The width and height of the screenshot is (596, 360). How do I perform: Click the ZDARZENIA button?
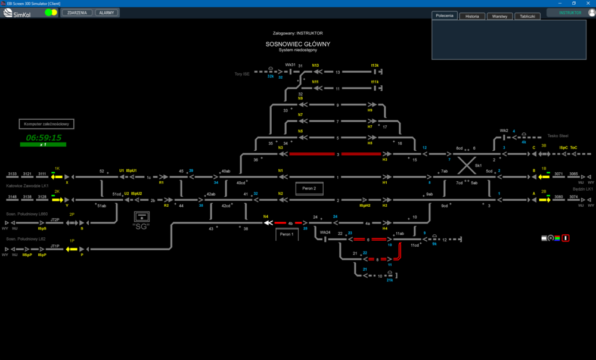77,13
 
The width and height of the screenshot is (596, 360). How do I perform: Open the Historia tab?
472,17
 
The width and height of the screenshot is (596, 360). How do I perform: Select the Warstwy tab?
499,17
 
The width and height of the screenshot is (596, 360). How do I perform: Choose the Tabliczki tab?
527,17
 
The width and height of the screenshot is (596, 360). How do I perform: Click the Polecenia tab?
445,16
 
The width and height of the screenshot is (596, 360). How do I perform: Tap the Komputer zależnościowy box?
47,125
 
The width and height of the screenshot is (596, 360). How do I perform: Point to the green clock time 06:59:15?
44,138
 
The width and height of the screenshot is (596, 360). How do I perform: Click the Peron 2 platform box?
309,188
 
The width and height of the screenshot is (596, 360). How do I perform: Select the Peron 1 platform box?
287,234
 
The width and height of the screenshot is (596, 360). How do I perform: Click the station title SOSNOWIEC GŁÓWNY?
298,44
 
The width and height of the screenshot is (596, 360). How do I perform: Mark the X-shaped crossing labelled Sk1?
465,163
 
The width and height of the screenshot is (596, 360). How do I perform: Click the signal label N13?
315,66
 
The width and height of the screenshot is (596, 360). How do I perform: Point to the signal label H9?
370,110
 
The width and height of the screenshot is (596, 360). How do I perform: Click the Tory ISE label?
241,74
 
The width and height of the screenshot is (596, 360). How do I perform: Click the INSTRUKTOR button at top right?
570,13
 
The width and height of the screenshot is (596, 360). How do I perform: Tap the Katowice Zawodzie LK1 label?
27,185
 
